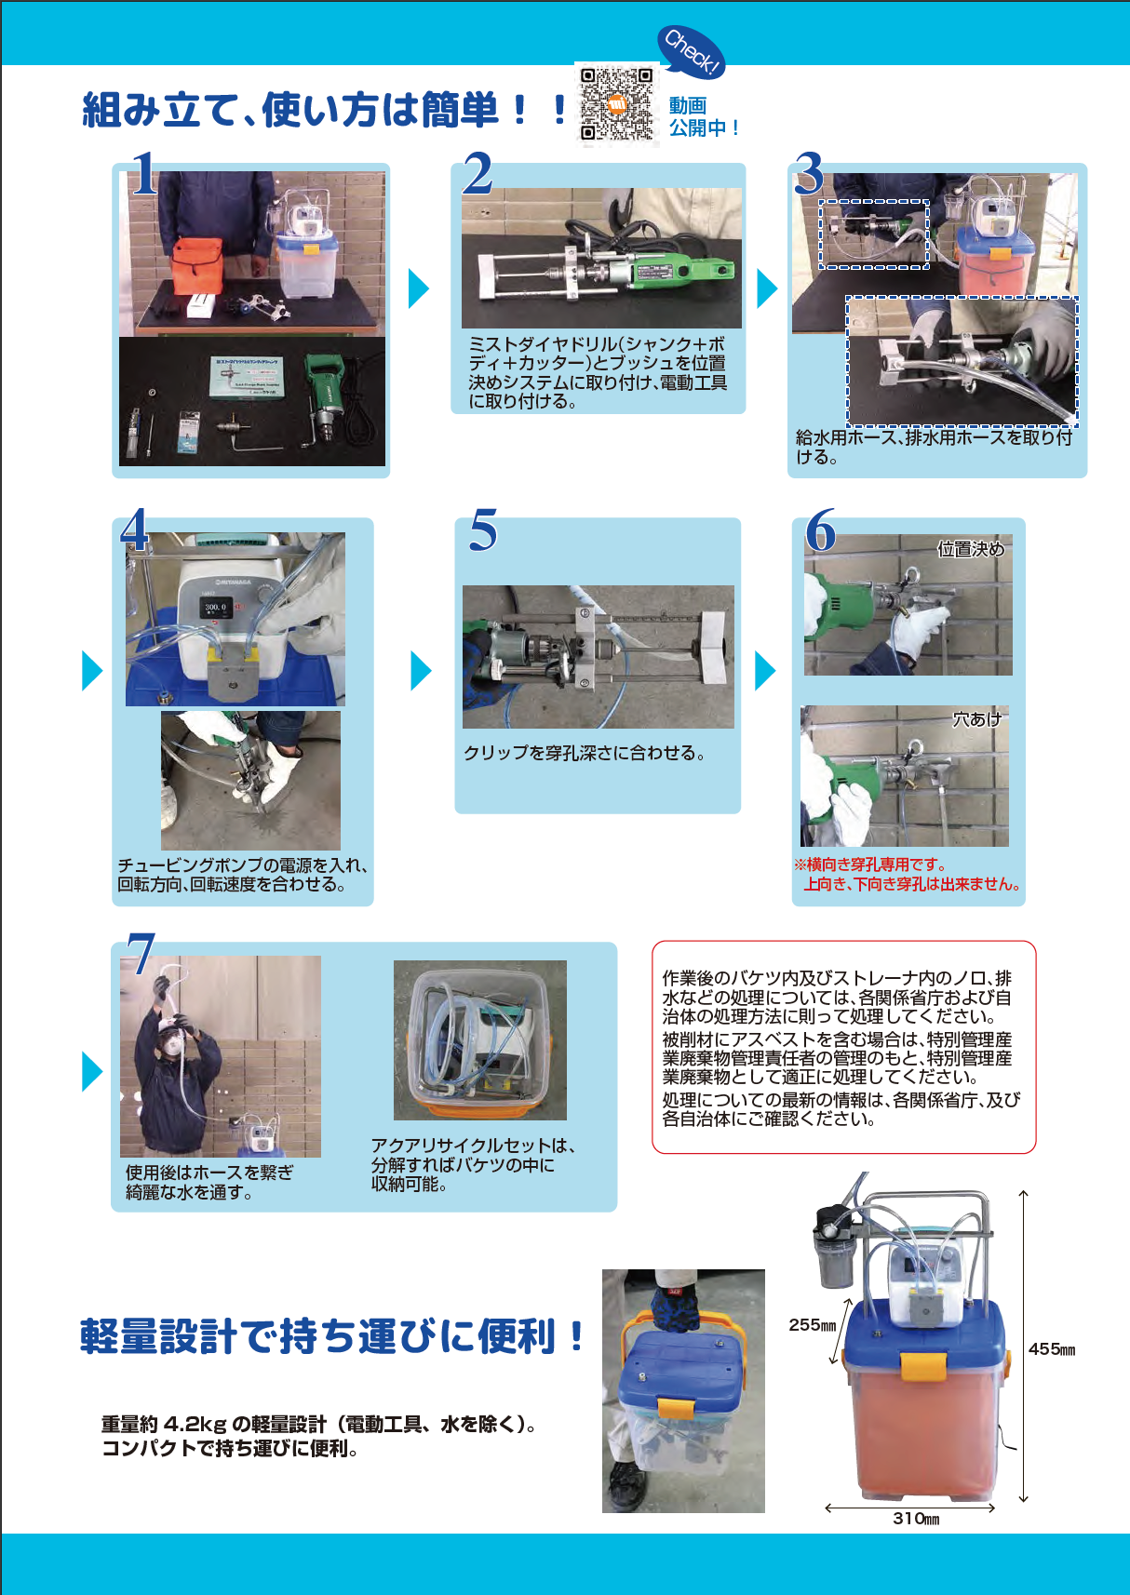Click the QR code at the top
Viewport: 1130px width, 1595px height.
(616, 104)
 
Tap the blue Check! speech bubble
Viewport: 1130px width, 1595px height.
(691, 52)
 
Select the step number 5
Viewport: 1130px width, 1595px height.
(483, 529)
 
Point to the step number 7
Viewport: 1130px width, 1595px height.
(141, 953)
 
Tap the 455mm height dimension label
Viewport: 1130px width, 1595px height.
(1051, 1348)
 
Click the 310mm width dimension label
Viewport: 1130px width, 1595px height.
(916, 1518)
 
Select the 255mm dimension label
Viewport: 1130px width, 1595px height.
(812, 1324)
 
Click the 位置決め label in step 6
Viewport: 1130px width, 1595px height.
(971, 549)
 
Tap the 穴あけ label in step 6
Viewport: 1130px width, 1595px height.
(977, 719)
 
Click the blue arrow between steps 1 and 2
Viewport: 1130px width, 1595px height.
(419, 288)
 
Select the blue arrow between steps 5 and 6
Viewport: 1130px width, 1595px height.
(765, 670)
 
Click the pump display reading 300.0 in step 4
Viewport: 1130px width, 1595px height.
(215, 608)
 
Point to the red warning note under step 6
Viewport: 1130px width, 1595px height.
(908, 875)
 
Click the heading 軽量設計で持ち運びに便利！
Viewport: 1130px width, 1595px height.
(331, 1335)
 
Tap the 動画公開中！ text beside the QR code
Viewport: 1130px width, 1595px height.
(704, 116)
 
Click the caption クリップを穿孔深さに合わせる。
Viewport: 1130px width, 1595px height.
(585, 753)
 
